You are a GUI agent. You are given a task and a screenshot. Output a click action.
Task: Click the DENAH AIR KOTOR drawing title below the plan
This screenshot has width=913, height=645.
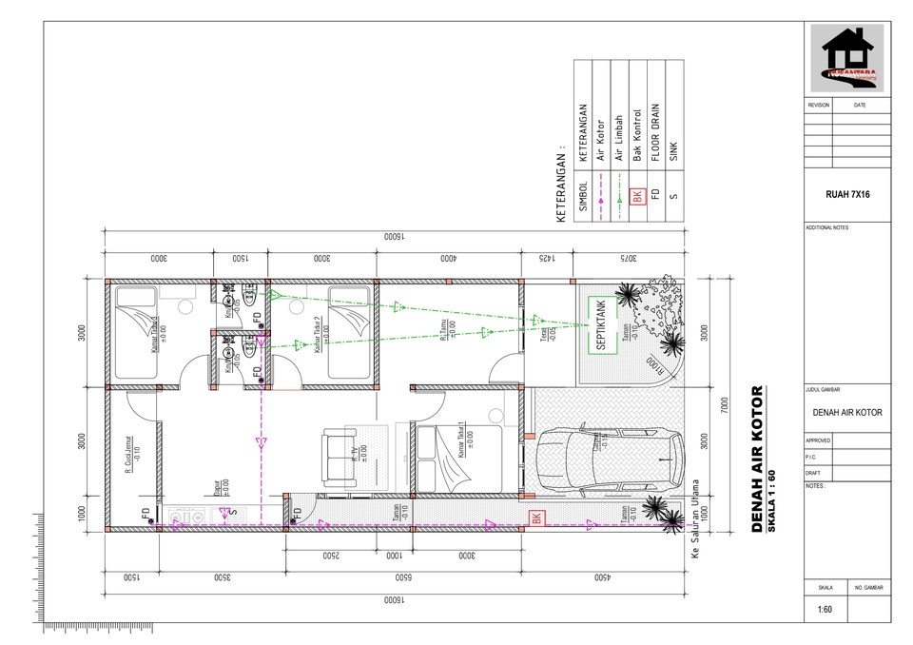point(758,460)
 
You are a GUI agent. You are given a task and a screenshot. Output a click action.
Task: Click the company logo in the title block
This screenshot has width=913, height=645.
point(846,59)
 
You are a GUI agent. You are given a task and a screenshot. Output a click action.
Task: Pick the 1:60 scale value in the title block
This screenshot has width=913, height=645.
point(824,610)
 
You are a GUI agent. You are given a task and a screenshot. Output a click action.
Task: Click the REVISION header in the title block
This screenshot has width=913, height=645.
point(819,105)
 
